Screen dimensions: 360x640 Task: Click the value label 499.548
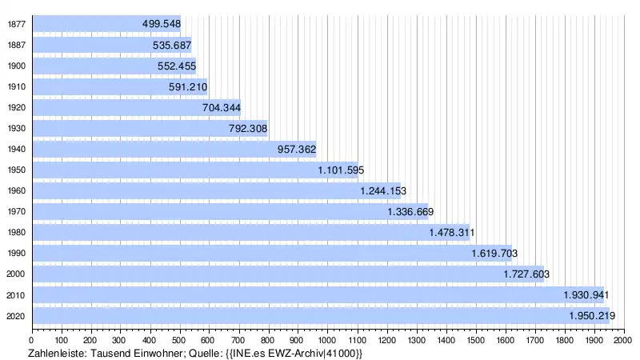click(x=161, y=24)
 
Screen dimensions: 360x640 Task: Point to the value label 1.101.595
click(x=341, y=170)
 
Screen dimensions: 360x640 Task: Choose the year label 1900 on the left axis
click(x=15, y=66)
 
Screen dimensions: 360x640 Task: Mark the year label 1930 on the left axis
click(x=15, y=128)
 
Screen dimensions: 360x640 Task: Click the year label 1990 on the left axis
click(x=15, y=254)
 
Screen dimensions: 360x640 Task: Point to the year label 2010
click(x=15, y=295)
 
